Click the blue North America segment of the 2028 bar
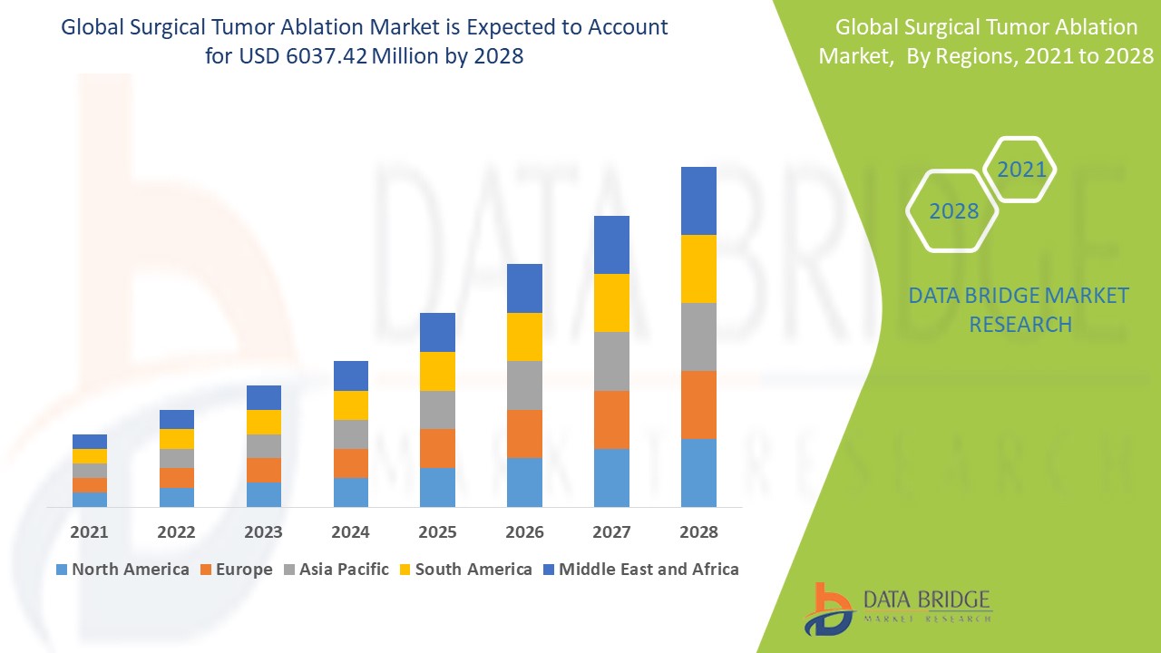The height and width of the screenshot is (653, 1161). coord(698,473)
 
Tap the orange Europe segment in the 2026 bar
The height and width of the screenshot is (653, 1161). coord(524,434)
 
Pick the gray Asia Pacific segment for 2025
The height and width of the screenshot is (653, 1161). coord(437,410)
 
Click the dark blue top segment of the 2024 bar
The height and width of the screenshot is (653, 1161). coord(351,375)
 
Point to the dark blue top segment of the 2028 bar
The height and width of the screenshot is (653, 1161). coord(698,200)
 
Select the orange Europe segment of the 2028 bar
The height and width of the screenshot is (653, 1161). coord(698,404)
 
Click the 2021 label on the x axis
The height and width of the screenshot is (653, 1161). coord(90,532)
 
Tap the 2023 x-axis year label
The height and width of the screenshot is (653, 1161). coord(263,532)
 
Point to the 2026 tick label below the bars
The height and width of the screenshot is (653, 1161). coord(524,532)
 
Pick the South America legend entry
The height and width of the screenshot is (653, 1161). coord(464,570)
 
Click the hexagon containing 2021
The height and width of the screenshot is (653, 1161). coord(1021,170)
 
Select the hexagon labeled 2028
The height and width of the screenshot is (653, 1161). coord(953,211)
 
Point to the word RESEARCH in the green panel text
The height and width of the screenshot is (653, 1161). coord(1020,324)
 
